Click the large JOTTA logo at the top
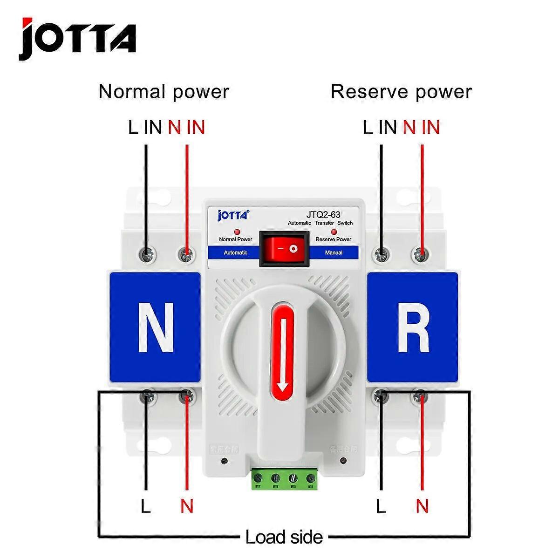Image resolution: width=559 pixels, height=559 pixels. tap(77, 39)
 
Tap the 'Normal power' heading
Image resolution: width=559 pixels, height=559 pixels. tap(164, 91)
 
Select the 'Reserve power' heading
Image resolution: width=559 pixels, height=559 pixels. tap(401, 91)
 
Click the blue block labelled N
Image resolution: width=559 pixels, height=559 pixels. tap(155, 327)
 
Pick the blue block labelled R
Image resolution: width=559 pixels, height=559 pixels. tap(413, 327)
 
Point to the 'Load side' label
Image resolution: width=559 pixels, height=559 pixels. tap(284, 537)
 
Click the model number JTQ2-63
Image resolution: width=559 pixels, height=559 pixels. tap(323, 215)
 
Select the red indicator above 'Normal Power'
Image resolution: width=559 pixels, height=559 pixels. tap(236, 232)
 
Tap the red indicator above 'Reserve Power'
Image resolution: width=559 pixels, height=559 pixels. tap(334, 232)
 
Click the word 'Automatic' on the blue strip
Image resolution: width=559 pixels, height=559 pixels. tap(236, 252)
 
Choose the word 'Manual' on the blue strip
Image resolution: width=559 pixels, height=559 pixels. tap(333, 252)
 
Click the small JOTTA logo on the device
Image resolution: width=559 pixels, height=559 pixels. tap(233, 215)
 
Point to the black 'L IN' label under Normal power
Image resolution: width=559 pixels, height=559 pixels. tap(145, 127)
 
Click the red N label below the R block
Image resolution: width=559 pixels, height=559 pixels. tap(422, 506)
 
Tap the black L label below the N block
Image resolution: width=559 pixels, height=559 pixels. tap(146, 506)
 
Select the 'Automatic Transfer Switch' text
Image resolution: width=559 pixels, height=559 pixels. tap(320, 223)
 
